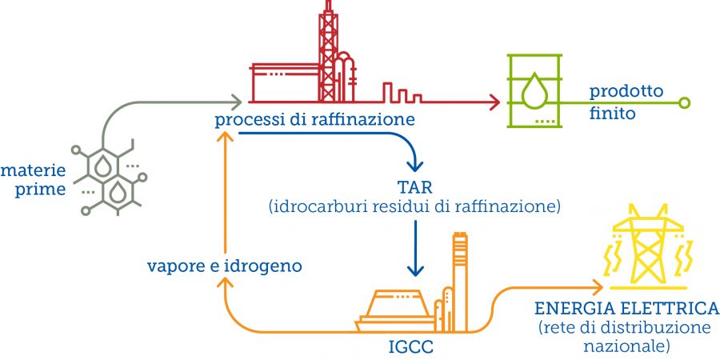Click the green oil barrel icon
click(x=534, y=91)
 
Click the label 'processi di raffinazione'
click(x=314, y=121)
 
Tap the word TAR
click(x=414, y=189)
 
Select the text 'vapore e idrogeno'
click(x=224, y=266)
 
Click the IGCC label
click(x=412, y=349)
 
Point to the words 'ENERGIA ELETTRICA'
click(x=626, y=309)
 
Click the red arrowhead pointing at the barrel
click(x=494, y=102)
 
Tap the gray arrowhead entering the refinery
click(x=236, y=102)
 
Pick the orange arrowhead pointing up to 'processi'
click(x=226, y=138)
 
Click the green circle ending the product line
click(x=683, y=102)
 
